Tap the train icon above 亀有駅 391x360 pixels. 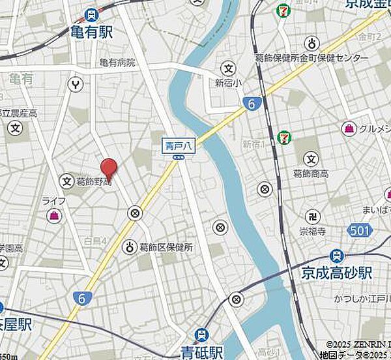91,14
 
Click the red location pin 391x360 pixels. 109,168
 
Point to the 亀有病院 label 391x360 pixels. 117,63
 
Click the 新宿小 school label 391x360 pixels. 228,82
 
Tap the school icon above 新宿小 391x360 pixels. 228,68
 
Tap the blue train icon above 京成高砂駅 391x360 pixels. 337,256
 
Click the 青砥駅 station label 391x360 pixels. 202,352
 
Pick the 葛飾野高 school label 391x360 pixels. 94,182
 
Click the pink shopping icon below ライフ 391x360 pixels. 53,215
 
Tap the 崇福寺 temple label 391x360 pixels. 312,231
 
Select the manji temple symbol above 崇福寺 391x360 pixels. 312,217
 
